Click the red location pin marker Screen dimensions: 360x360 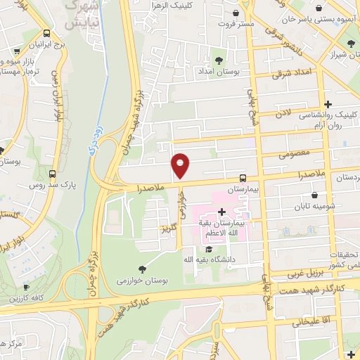click(181, 165)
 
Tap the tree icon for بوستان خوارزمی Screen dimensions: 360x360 click(143, 269)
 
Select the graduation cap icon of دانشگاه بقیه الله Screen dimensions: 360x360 click(208, 249)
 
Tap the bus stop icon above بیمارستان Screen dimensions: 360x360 click(243, 178)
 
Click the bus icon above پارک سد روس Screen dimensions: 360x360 click(53, 174)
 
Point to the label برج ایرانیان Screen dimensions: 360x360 click(46, 44)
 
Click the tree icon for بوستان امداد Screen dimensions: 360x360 click(220, 60)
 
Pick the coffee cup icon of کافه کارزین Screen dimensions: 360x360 click(26, 287)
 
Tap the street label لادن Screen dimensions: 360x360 click(282, 112)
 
